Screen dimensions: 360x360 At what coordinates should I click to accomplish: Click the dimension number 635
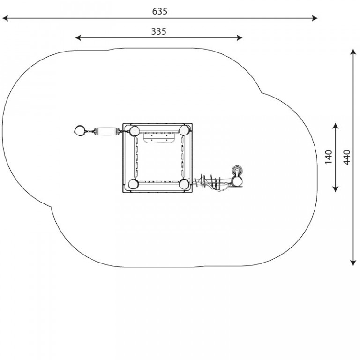tap(159, 11)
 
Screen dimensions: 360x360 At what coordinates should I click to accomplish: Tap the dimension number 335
tap(158, 31)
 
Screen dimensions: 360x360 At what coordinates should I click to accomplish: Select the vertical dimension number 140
tap(329, 157)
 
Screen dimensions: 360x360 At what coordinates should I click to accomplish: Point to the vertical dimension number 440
tap(347, 157)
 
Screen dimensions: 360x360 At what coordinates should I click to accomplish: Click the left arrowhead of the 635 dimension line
tap(5, 18)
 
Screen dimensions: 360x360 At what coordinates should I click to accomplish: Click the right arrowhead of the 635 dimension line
tap(315, 18)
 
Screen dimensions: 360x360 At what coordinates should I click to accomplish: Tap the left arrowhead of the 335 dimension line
tap(78, 38)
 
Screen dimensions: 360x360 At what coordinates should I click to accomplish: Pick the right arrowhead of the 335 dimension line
tap(240, 38)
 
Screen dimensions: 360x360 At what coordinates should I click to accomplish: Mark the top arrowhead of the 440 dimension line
tap(353, 52)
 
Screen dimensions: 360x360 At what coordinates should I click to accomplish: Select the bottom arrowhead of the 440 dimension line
tap(353, 263)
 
